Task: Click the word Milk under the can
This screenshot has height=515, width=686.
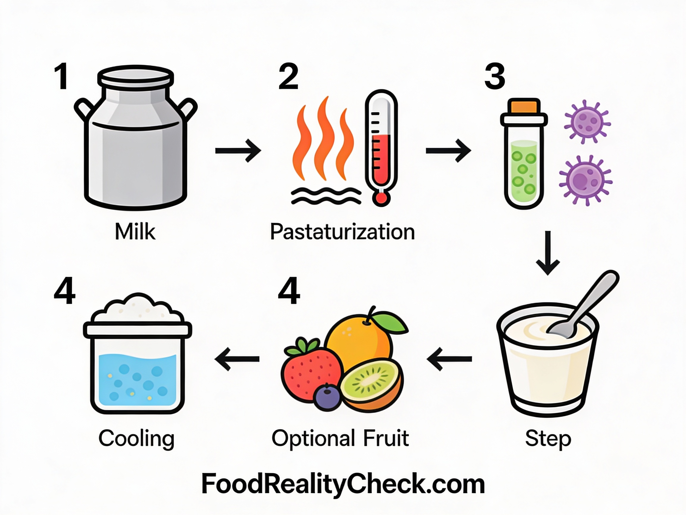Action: (135, 232)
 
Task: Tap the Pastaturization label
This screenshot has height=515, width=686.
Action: (342, 232)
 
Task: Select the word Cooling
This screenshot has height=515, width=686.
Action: (136, 439)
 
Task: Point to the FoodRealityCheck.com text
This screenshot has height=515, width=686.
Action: (343, 484)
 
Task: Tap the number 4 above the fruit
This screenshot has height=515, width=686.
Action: (289, 291)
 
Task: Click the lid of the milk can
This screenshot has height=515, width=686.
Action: (135, 76)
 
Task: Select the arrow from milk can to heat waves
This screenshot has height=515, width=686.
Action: (238, 151)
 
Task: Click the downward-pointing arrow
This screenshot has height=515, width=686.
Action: (548, 253)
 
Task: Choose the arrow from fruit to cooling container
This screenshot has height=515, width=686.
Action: (237, 359)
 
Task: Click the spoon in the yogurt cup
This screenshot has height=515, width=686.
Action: (582, 307)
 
